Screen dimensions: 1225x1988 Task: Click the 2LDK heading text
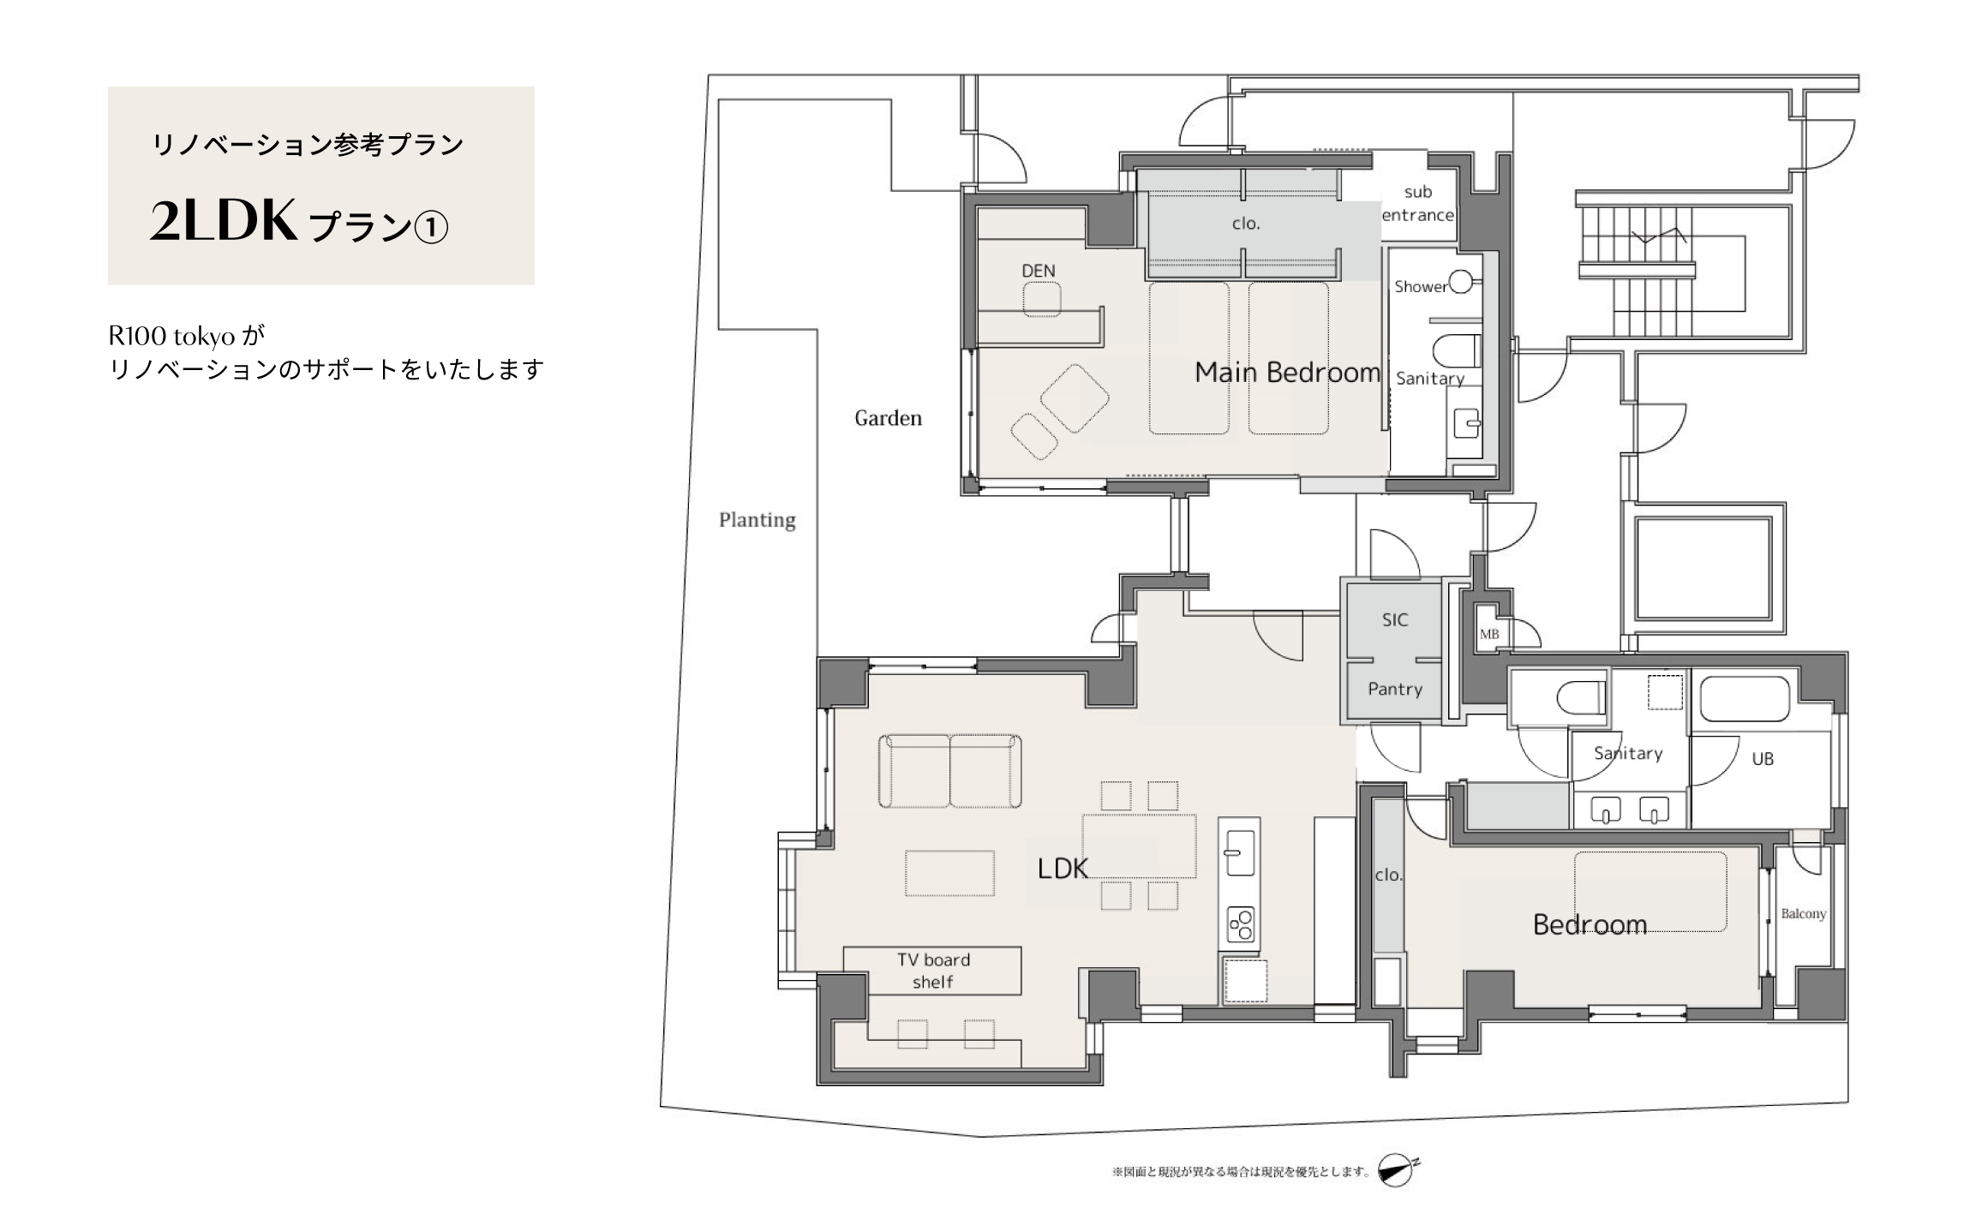[225, 221]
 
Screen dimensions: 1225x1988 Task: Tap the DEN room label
[1038, 271]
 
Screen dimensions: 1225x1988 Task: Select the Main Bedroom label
[1287, 372]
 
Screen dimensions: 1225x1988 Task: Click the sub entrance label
[1417, 204]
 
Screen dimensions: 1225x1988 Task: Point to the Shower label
[1420, 287]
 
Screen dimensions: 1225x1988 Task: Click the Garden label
[888, 418]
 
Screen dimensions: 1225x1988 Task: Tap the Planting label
[757, 520]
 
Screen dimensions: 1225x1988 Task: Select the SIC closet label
[1394, 619]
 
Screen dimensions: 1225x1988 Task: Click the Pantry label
[1394, 689]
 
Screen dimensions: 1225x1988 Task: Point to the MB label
[1489, 634]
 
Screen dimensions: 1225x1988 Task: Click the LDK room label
[1063, 869]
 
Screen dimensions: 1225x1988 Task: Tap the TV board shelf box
[932, 971]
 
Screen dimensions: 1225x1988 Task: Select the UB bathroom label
[1762, 759]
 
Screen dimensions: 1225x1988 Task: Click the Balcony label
[1803, 914]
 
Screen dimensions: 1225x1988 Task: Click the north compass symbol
[1397, 1170]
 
